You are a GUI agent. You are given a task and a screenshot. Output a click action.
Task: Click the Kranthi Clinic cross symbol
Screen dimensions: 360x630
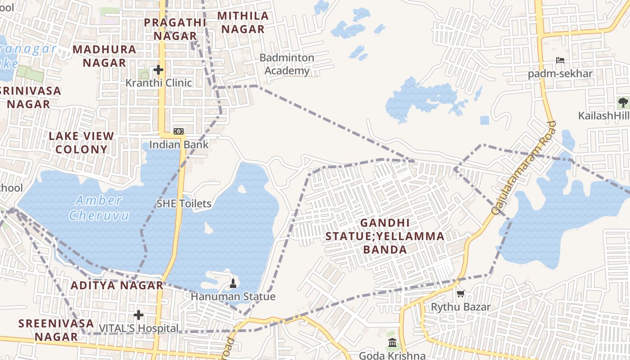click(158, 70)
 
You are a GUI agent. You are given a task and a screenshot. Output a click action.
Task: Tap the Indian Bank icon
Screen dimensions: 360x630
click(179, 131)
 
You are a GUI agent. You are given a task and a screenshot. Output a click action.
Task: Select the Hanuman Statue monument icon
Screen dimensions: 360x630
click(233, 283)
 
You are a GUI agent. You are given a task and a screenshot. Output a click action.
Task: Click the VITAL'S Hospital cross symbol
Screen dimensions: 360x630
click(139, 315)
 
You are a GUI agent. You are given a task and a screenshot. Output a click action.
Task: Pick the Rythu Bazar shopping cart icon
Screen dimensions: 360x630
click(460, 294)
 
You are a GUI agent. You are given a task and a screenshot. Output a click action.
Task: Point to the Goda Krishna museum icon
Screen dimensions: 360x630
click(392, 343)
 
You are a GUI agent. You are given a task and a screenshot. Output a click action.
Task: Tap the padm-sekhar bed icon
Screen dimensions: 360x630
click(560, 60)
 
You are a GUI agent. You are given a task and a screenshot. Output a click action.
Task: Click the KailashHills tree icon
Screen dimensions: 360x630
click(623, 103)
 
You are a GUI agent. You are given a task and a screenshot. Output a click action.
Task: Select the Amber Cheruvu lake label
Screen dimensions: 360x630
click(99, 207)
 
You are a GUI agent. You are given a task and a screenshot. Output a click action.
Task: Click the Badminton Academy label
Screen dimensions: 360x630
click(287, 64)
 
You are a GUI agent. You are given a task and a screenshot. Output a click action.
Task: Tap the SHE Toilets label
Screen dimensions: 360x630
click(184, 203)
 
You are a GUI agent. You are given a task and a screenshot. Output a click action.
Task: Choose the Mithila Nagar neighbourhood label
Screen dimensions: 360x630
click(243, 22)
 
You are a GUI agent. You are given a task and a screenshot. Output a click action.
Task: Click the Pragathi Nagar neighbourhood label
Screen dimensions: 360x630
click(175, 29)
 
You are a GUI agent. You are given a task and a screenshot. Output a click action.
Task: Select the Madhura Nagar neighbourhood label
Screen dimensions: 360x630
click(104, 56)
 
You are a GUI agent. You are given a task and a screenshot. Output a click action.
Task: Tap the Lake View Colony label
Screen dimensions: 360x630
click(81, 142)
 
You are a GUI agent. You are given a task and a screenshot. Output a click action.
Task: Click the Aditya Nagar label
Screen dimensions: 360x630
click(117, 285)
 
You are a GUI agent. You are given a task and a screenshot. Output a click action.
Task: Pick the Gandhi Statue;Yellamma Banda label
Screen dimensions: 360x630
click(385, 236)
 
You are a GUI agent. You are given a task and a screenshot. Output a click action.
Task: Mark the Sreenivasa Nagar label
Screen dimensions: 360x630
click(56, 329)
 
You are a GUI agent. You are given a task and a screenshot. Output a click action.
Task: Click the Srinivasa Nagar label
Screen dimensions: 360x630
click(30, 97)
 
